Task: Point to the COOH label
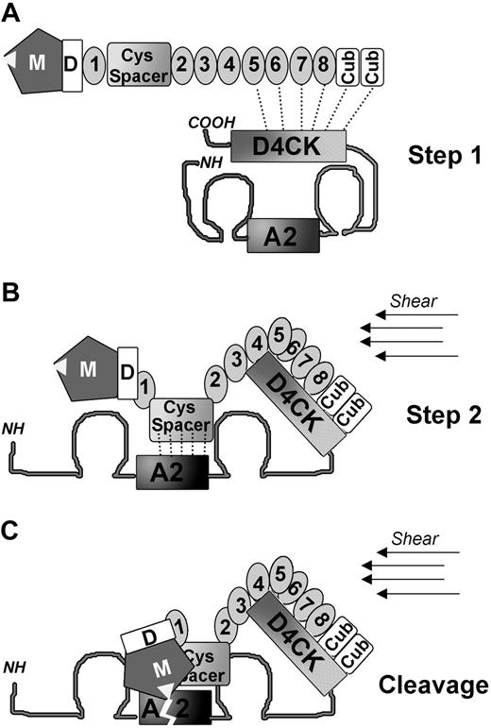point(210,121)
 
